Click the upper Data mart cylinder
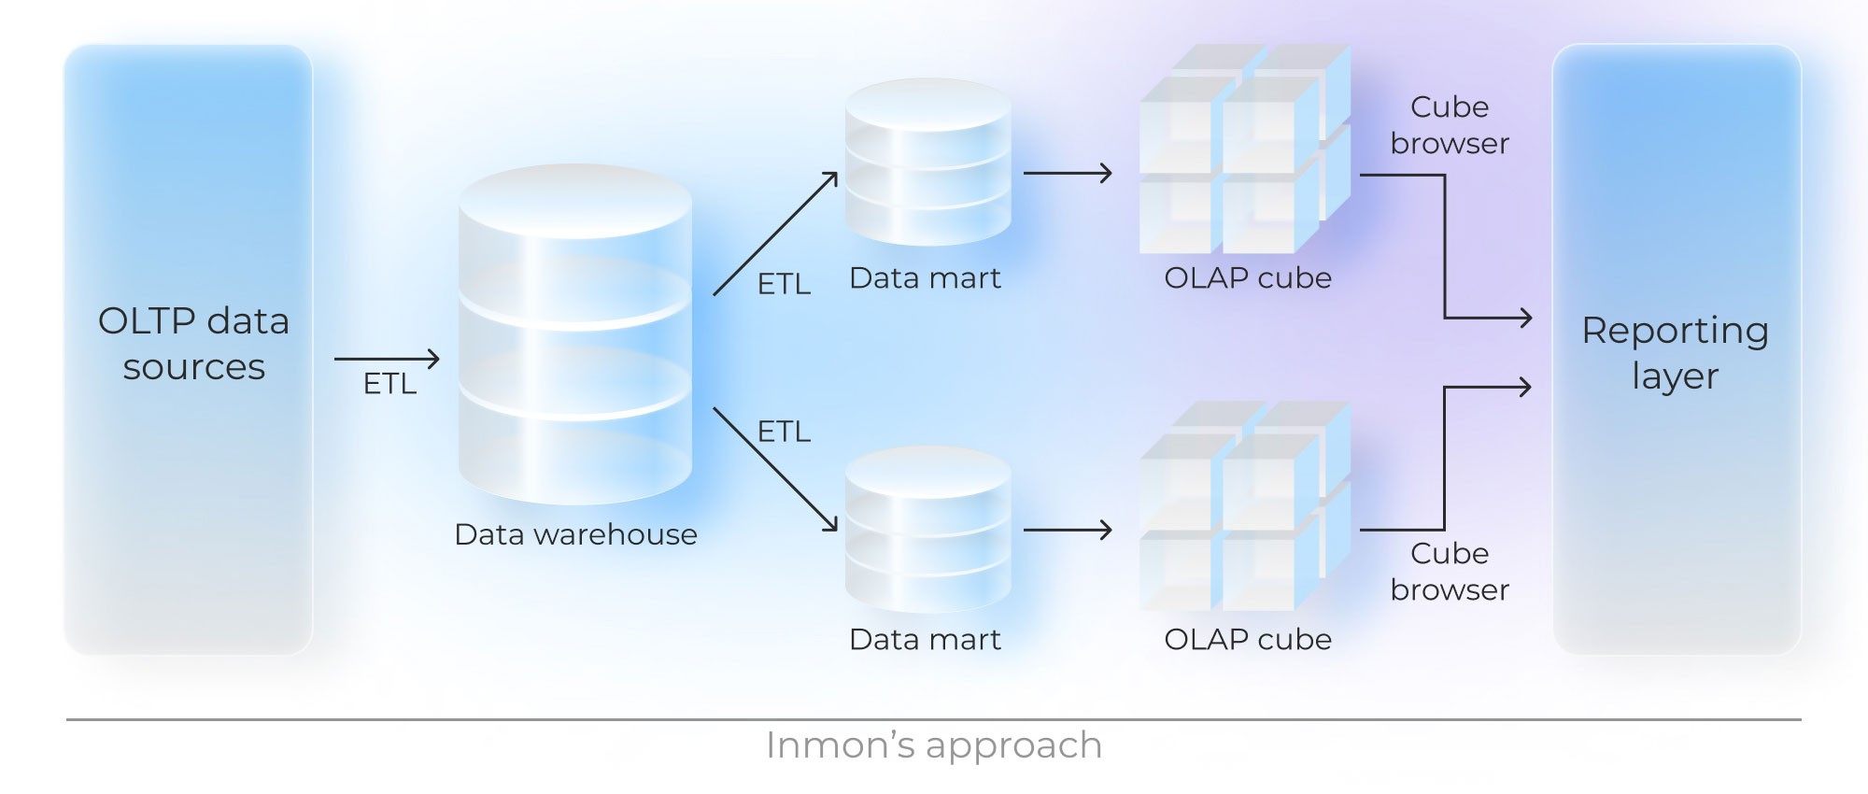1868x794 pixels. (x=927, y=163)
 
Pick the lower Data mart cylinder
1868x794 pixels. (x=927, y=530)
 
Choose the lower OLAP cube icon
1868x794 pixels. (x=1244, y=508)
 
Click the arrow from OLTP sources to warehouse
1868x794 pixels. (x=386, y=359)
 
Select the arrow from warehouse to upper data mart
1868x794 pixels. (x=774, y=234)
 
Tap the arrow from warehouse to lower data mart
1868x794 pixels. (x=774, y=469)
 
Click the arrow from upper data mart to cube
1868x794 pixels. (x=1067, y=173)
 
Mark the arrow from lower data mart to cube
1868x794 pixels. (x=1067, y=531)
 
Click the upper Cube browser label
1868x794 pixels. (x=1449, y=125)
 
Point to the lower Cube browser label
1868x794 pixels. (x=1449, y=571)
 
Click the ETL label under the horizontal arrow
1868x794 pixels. (x=389, y=384)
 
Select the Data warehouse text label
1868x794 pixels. (x=575, y=534)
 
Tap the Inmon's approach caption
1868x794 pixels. (x=933, y=745)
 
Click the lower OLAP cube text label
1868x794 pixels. (x=1247, y=639)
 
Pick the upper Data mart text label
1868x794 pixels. (x=925, y=277)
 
